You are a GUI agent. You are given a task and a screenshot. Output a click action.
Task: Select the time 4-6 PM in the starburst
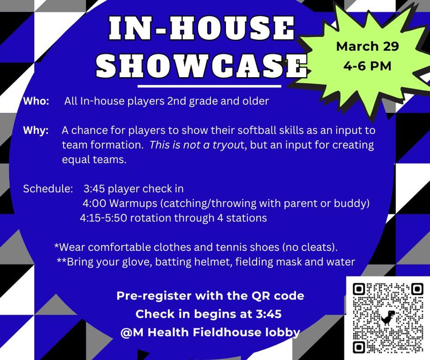[x=367, y=66]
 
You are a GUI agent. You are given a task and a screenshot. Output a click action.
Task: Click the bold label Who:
[x=37, y=102]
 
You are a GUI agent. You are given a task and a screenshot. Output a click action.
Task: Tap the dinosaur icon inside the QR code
[x=387, y=318]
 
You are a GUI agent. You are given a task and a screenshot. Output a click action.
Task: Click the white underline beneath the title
[x=209, y=86]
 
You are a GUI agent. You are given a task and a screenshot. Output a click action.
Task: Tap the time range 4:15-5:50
[x=104, y=218]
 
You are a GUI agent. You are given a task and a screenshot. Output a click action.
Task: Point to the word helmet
[x=216, y=262]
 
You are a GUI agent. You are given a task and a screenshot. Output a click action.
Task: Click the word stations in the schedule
[x=248, y=218]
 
